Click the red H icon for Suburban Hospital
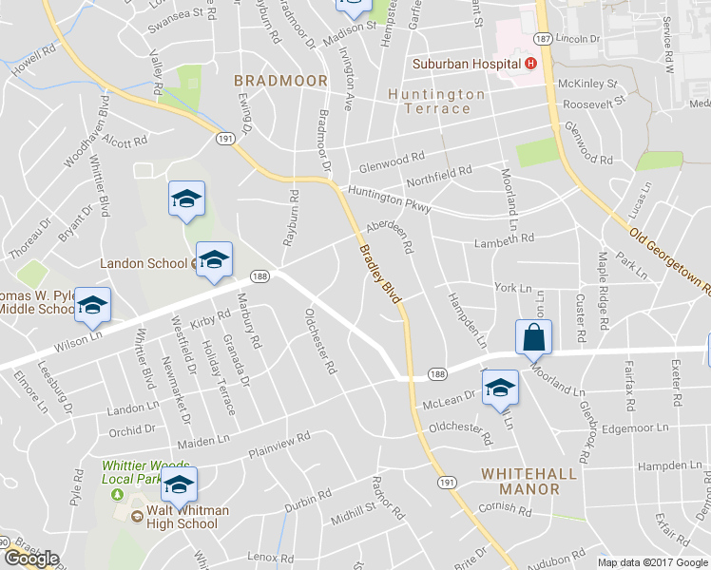(530, 64)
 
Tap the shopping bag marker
(533, 337)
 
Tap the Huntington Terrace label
(436, 102)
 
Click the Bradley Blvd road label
(380, 275)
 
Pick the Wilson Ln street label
(78, 336)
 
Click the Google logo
(31, 559)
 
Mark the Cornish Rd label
(506, 509)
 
